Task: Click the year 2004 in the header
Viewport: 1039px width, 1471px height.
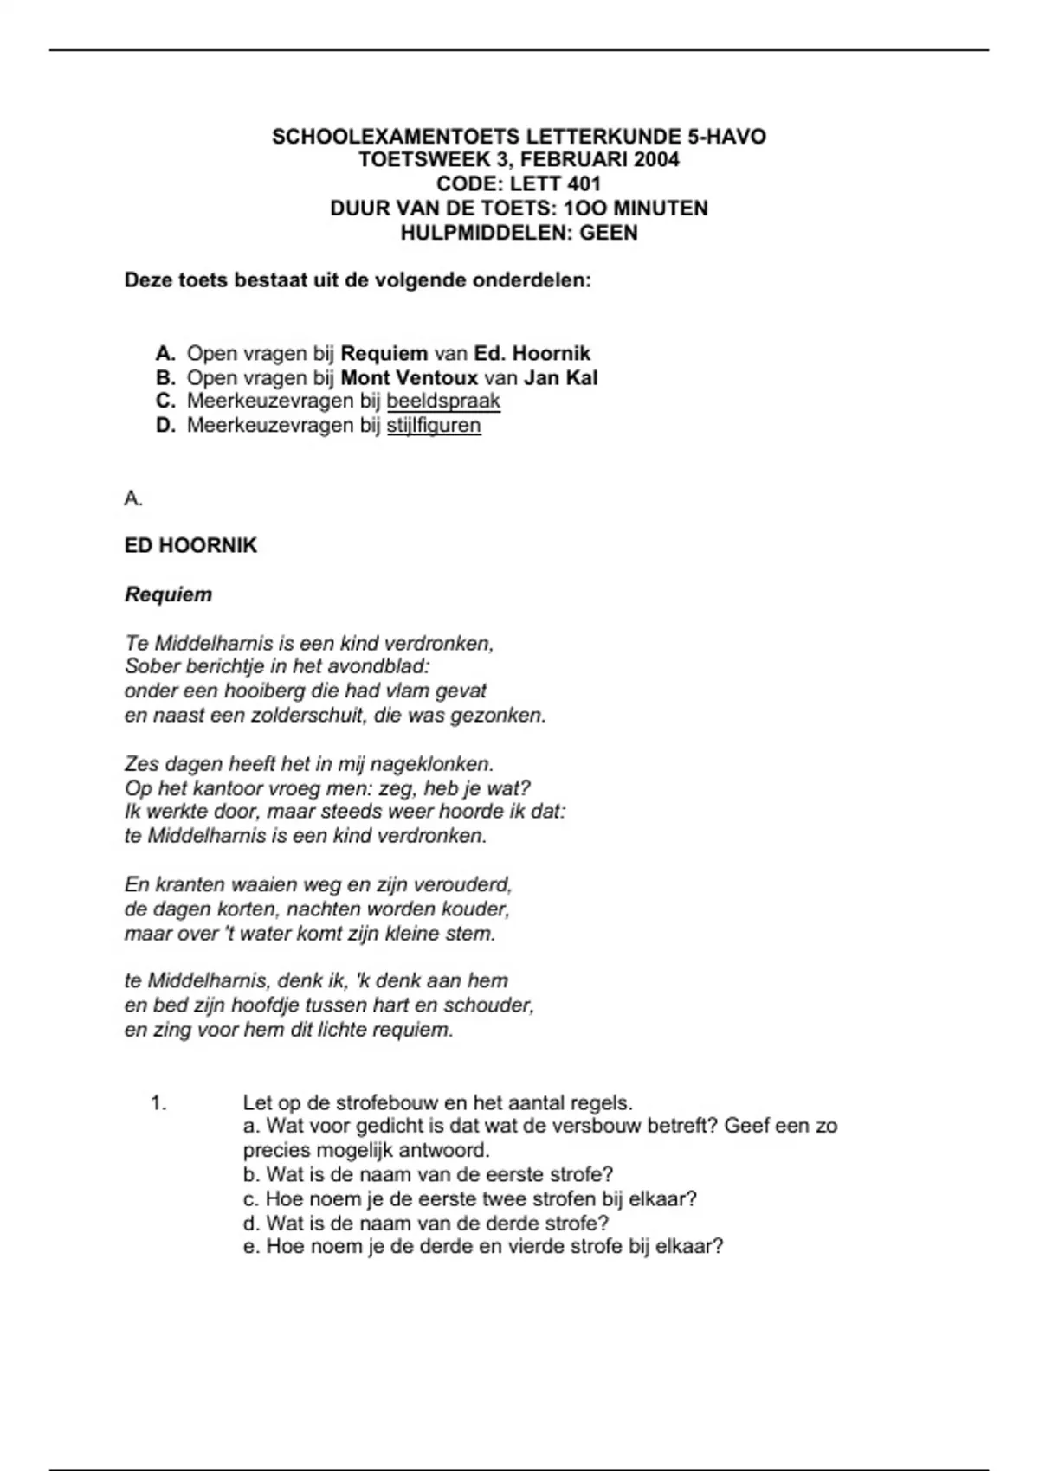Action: point(656,160)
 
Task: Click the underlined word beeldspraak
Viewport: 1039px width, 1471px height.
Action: point(443,401)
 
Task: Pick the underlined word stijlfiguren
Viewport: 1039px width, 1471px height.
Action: point(433,426)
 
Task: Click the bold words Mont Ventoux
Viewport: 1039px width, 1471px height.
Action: point(410,378)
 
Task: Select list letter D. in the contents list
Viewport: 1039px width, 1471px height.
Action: point(166,426)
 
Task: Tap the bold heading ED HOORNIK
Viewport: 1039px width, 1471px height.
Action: point(190,546)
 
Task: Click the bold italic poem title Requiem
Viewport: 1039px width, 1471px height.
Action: point(168,594)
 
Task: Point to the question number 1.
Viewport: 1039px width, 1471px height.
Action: point(158,1103)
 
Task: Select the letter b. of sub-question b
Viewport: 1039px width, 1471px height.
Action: point(252,1175)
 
